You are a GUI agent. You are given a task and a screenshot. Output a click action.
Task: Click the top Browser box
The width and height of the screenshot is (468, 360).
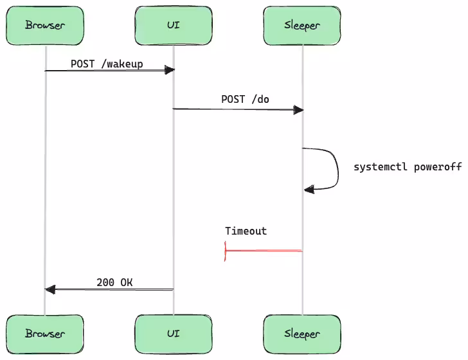pos(45,25)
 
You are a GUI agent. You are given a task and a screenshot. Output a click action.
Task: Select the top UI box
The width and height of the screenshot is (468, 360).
pos(173,25)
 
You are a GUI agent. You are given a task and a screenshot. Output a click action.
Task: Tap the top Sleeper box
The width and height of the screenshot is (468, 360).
pos(301,25)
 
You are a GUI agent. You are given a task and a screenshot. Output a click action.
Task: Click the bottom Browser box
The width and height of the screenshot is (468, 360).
pos(45,334)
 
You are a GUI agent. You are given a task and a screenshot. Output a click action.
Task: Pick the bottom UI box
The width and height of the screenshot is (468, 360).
pos(173,334)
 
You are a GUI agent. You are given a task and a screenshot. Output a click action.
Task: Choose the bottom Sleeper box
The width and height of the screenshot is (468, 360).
pos(301,334)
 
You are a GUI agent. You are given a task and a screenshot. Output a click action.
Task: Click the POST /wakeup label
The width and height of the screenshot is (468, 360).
pos(107,64)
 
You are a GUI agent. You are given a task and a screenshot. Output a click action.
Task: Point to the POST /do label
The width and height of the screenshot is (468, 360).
pos(246,99)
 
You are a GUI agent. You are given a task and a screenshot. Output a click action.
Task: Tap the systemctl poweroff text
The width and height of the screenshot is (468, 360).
pos(408,167)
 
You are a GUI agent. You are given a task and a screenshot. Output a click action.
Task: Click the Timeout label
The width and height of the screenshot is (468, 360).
pos(246,231)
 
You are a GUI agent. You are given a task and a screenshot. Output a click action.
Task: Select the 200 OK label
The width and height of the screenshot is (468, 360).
pos(114,282)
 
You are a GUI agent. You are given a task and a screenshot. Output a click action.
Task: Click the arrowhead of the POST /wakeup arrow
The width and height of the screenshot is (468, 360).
pos(169,70)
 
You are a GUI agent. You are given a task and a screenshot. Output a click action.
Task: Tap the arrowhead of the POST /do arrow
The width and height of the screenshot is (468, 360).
pos(298,110)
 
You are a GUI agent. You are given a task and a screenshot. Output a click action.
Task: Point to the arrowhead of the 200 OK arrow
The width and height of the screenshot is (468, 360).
pos(50,290)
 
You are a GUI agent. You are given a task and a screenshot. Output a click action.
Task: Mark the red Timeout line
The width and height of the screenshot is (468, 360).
pos(264,251)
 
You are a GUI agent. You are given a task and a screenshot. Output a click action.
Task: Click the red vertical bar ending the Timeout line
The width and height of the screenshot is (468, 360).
pos(225,251)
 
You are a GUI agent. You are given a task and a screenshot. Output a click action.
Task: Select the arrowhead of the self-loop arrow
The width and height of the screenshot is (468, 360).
pos(309,189)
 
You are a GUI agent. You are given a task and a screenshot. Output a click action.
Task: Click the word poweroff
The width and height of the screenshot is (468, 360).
pos(438,167)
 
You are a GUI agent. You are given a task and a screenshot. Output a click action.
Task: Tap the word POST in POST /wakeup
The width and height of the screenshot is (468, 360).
pos(82,64)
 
